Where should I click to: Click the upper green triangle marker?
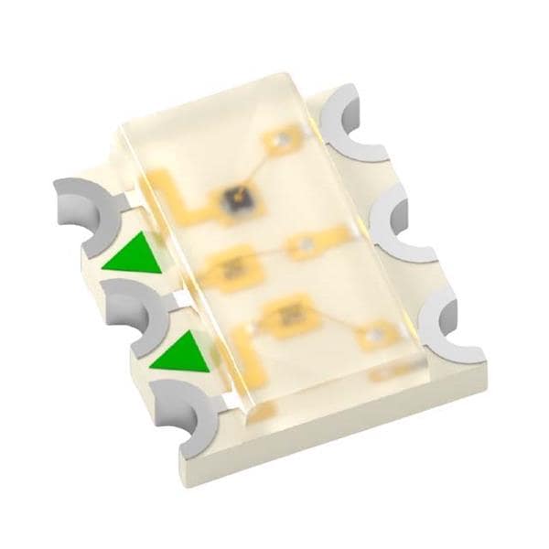point(131,255)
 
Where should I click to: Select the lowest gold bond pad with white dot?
point(375,338)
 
